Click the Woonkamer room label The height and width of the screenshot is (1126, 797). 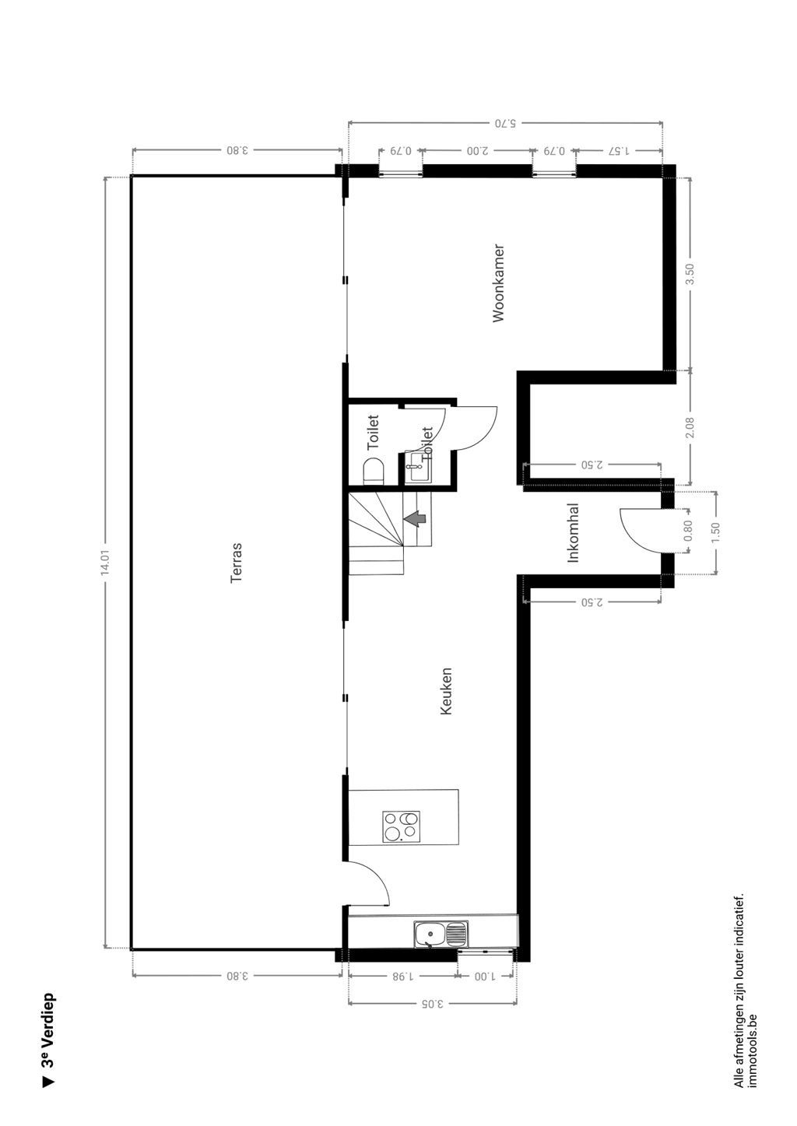[x=499, y=283]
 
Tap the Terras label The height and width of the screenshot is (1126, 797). [x=237, y=563]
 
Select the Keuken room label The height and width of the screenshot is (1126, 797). [x=446, y=691]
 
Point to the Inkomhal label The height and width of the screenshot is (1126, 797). [x=574, y=533]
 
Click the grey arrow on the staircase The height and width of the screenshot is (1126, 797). [x=416, y=517]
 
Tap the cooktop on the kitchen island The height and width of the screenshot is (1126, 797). [x=402, y=826]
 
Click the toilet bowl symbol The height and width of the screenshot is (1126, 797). [x=374, y=471]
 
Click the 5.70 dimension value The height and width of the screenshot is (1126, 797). [x=505, y=123]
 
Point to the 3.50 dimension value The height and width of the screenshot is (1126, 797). [x=689, y=275]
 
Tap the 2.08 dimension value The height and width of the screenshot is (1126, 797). [x=689, y=427]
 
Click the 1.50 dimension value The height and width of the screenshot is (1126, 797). [x=715, y=532]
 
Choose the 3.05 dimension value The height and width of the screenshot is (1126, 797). [x=431, y=1003]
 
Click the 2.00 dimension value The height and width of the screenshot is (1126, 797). [x=477, y=150]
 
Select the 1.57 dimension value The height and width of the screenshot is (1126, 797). [x=619, y=150]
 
